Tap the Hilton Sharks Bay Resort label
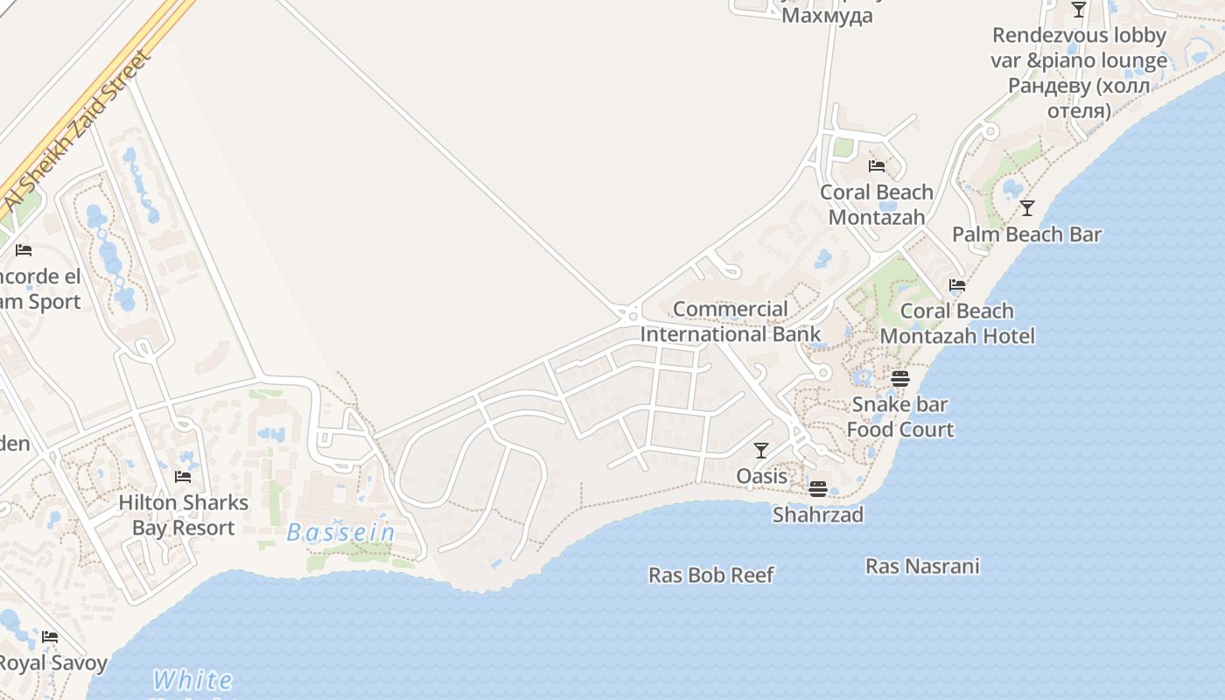point(183,515)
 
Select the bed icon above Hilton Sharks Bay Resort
point(183,477)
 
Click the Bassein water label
point(341,532)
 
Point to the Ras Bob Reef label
point(710,575)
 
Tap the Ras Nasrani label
point(922,566)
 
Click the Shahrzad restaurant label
point(817,514)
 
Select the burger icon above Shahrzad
point(818,488)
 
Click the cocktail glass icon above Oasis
point(761,451)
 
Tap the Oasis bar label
point(761,476)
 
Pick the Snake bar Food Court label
point(899,416)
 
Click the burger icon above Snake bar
point(899,379)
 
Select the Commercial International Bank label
point(731,321)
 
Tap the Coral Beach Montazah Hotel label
point(956,323)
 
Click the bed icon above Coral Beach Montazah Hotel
point(957,285)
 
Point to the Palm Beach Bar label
point(1026,234)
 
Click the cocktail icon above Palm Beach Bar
point(1027,208)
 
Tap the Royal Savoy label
point(52,662)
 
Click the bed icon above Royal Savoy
point(50,637)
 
